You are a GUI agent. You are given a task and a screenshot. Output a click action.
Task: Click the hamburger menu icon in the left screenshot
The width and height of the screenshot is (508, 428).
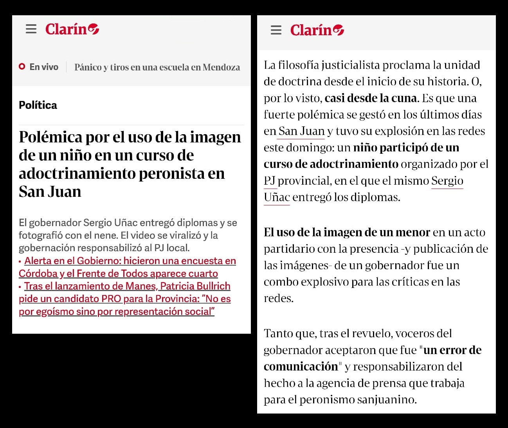[31, 29]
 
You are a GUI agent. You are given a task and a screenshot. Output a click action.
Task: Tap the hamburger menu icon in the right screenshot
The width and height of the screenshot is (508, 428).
[276, 30]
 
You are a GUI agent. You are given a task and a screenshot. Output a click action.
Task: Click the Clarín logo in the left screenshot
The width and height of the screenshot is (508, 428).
[72, 29]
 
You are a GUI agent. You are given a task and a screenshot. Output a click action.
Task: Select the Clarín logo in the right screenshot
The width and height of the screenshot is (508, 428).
[317, 30]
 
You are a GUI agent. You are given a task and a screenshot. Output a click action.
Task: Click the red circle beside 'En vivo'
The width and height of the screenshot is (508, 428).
[22, 67]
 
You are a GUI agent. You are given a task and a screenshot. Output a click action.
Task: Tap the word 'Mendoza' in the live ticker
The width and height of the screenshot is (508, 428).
[221, 67]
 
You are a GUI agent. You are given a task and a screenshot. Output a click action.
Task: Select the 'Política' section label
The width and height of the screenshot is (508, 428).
[38, 105]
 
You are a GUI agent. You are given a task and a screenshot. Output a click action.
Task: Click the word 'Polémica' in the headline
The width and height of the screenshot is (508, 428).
[51, 137]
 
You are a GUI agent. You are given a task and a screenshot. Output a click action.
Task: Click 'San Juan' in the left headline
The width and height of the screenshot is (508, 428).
[50, 192]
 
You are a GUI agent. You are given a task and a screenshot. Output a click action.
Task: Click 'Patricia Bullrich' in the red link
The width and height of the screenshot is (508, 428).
[195, 286]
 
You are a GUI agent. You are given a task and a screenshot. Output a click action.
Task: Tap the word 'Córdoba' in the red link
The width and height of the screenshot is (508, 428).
[38, 273]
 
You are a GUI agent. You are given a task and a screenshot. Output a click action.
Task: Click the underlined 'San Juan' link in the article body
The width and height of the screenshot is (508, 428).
[301, 131]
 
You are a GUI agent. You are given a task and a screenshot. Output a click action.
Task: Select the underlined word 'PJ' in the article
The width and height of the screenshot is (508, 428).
[270, 181]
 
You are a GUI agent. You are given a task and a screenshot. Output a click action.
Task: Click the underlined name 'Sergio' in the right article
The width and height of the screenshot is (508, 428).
[447, 181]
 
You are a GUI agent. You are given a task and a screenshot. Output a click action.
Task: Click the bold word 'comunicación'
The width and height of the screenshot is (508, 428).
[301, 367]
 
